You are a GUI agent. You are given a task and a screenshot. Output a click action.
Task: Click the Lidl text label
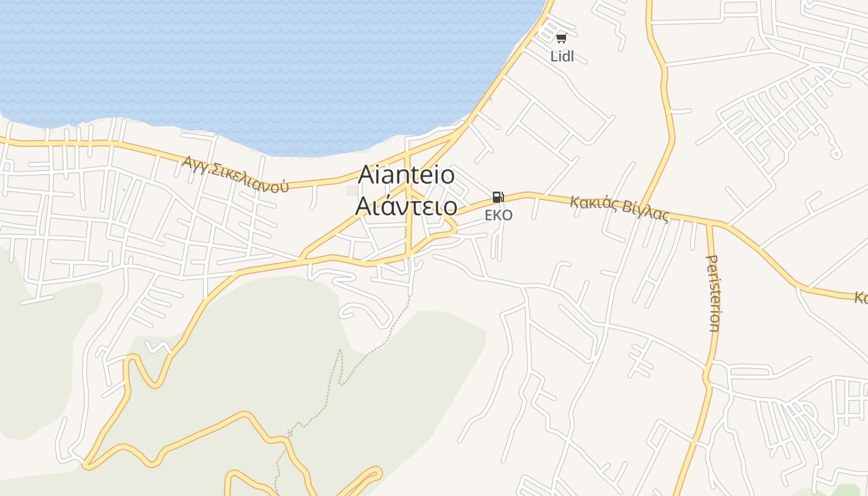562,56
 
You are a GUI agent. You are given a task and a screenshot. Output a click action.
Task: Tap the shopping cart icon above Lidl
561,38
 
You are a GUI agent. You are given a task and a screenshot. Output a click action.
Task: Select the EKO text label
498,215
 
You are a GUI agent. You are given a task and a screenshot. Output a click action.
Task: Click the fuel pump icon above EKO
498,198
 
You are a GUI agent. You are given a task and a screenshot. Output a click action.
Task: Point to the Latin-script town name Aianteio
406,175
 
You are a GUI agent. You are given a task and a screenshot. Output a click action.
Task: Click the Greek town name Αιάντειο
406,206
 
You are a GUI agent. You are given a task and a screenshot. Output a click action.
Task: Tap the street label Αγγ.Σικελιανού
236,174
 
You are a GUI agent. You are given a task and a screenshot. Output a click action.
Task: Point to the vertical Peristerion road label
714,293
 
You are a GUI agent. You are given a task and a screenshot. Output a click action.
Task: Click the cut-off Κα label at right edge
861,298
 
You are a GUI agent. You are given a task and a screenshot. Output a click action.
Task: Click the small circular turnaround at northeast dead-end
835,154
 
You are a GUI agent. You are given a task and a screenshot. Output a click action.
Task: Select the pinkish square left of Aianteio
352,190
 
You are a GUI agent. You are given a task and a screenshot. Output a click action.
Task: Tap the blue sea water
248,62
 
